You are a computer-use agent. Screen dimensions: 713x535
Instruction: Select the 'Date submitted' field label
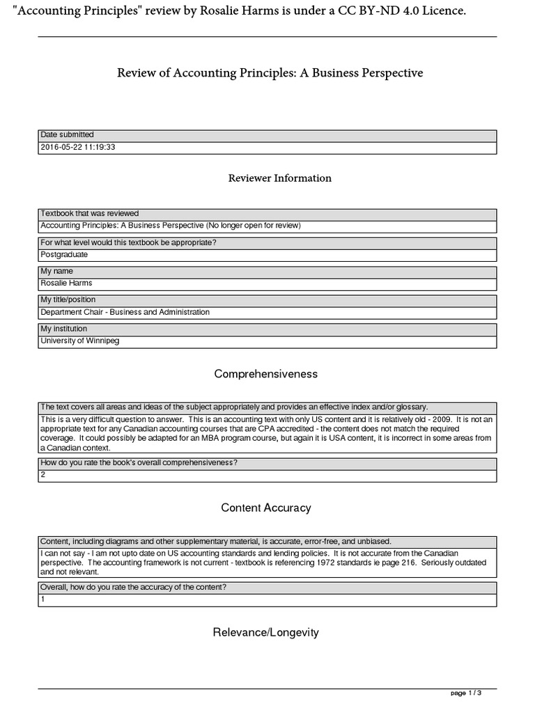click(x=68, y=135)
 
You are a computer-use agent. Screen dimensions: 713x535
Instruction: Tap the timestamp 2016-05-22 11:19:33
click(x=78, y=148)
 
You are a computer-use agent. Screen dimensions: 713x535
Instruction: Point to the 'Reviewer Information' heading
click(x=280, y=178)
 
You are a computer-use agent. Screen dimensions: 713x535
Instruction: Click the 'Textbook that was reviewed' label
click(x=90, y=214)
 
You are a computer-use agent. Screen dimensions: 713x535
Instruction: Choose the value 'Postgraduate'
click(x=65, y=255)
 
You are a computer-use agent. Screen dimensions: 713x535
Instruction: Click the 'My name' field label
click(x=57, y=271)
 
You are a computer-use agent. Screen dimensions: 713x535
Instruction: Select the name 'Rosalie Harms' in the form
click(x=66, y=283)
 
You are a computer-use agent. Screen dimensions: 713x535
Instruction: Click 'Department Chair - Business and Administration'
click(x=125, y=313)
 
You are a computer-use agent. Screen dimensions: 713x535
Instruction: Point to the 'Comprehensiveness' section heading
click(x=266, y=374)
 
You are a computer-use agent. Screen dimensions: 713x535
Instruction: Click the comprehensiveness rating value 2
click(x=43, y=476)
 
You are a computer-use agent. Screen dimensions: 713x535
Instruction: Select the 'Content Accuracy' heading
click(x=266, y=508)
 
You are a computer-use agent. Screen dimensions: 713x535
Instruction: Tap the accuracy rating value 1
click(x=43, y=600)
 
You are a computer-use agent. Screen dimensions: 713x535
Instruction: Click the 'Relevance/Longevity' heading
click(x=266, y=632)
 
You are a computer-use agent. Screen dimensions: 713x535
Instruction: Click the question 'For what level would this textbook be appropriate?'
click(x=128, y=242)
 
